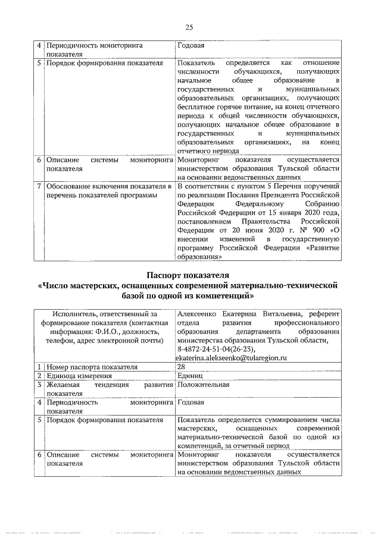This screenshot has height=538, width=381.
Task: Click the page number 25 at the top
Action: [189, 27]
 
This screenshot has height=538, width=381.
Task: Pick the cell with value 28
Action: [181, 367]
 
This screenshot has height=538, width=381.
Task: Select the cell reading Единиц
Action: [190, 376]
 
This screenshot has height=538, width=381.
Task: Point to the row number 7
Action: [39, 186]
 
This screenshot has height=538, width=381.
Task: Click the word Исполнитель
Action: [75, 314]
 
